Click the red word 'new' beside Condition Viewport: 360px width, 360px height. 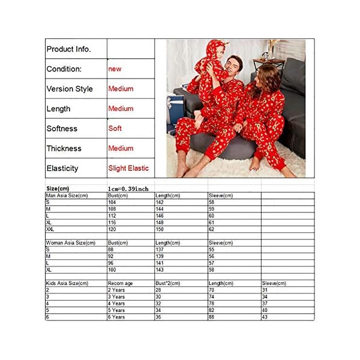115,69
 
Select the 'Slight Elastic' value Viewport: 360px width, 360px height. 128,168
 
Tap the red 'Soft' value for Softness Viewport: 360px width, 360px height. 115,128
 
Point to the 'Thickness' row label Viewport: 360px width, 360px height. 64,148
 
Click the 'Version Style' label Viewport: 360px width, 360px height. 70,89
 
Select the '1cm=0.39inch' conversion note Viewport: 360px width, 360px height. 128,188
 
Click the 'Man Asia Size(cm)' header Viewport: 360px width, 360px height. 67,196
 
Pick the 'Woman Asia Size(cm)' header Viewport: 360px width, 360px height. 70,243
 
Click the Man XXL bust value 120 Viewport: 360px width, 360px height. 113,229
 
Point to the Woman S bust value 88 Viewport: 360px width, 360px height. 112,250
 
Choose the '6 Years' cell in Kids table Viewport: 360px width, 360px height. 116,317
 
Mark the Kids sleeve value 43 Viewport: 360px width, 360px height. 265,317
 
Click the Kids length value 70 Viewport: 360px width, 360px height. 212,290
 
